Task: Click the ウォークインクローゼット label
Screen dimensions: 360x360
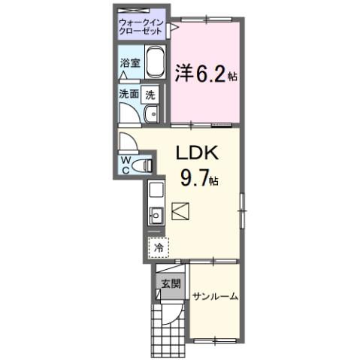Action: point(141,29)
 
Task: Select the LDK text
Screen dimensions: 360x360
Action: point(197,153)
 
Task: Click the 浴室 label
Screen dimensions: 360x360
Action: point(129,64)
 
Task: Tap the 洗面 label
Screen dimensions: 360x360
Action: point(129,95)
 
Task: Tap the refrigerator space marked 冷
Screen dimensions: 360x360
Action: point(159,246)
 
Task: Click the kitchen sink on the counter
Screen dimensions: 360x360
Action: point(156,216)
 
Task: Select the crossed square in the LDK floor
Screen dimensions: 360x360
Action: point(181,211)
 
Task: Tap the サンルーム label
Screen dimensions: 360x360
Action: point(214,297)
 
